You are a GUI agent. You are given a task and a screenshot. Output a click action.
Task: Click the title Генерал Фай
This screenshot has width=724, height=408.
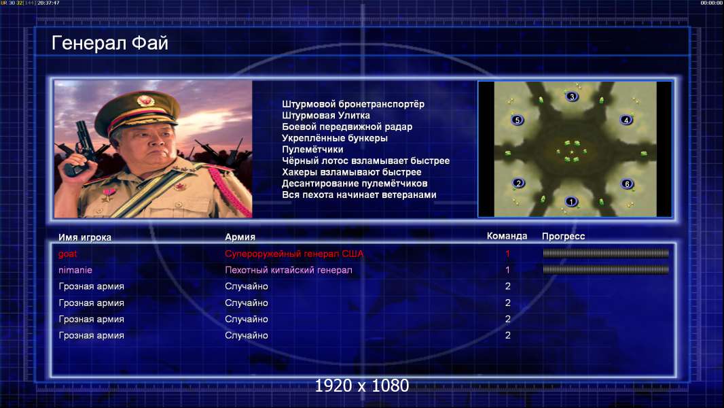point(110,43)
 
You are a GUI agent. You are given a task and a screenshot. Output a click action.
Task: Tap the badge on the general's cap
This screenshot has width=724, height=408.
point(145,100)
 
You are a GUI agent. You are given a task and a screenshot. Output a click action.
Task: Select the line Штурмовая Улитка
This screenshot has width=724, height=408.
point(325,116)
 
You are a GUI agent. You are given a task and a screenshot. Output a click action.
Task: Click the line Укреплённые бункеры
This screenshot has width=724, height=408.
point(335,138)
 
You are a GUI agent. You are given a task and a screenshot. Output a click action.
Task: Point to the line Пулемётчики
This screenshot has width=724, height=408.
point(312,150)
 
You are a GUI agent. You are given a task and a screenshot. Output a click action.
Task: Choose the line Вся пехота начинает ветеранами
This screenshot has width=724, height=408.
point(359,195)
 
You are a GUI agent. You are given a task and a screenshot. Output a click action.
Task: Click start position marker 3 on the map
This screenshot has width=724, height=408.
point(572,97)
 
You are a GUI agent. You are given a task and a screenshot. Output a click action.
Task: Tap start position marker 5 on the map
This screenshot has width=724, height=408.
point(517,120)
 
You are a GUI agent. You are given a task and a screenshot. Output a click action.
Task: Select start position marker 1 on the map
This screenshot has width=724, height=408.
point(571,202)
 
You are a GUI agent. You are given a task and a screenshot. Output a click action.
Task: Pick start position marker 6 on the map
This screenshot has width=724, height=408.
point(627,184)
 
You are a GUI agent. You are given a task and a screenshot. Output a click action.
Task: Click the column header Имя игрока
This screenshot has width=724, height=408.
point(85,237)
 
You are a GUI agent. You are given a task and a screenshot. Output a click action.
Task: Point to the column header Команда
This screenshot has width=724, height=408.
point(507,236)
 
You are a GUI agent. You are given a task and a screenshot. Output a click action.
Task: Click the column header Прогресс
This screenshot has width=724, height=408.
point(563,237)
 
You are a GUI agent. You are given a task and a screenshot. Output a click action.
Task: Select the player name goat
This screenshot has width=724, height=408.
point(67,254)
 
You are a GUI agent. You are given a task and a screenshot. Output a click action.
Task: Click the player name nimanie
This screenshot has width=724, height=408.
point(75,270)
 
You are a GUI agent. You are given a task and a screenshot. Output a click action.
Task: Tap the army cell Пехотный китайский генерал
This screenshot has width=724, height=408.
point(289,270)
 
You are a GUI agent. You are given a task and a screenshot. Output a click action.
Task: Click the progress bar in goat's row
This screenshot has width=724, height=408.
point(606,253)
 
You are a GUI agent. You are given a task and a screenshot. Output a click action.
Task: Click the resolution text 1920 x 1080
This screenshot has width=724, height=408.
point(361,386)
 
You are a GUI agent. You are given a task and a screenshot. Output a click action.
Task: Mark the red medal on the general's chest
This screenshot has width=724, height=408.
point(109,194)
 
